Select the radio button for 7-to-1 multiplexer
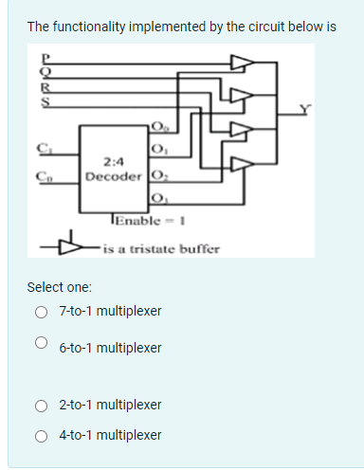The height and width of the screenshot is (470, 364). [41, 311]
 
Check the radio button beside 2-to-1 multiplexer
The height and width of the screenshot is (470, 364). [41, 406]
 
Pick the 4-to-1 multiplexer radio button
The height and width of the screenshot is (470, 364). [41, 436]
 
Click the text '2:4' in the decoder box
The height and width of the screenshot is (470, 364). [114, 162]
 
